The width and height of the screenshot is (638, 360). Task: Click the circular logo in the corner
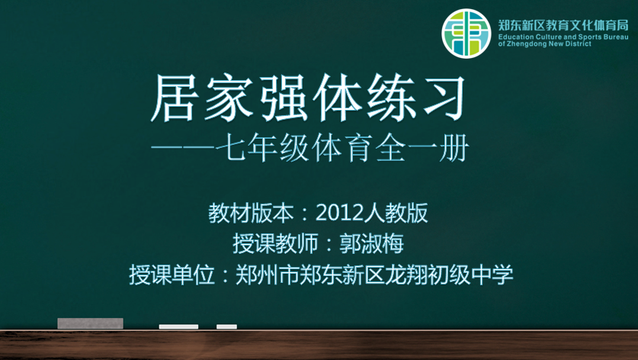pyautogui.click(x=466, y=34)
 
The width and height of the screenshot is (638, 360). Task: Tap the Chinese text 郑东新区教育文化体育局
pyautogui.click(x=563, y=25)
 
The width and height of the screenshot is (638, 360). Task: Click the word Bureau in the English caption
pyautogui.click(x=616, y=37)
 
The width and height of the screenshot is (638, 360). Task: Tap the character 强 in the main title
pyautogui.click(x=284, y=98)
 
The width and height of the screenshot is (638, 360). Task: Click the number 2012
pyautogui.click(x=339, y=213)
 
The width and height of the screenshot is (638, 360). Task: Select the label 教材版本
pyautogui.click(x=251, y=213)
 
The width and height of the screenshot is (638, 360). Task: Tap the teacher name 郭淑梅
pyautogui.click(x=371, y=243)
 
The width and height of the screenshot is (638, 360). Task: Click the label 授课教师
pyautogui.click(x=275, y=243)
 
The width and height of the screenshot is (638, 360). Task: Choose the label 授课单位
pyautogui.click(x=172, y=275)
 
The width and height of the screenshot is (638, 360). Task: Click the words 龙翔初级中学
pyautogui.click(x=449, y=275)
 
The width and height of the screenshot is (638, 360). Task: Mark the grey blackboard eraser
pyautogui.click(x=91, y=323)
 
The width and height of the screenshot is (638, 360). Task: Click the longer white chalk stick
pyautogui.click(x=178, y=326)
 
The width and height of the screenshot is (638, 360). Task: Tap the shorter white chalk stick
pyautogui.click(x=226, y=326)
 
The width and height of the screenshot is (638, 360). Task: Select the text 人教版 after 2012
pyautogui.click(x=396, y=213)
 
